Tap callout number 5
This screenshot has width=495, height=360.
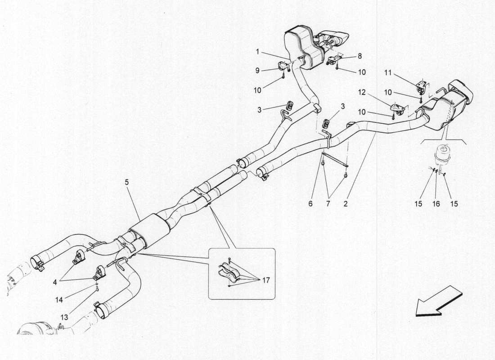coord(127,183)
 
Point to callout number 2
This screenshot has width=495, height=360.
coord(345,203)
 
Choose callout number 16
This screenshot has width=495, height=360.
coord(436,203)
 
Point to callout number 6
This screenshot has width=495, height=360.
coord(310,203)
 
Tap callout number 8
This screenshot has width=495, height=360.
coord(360,57)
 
